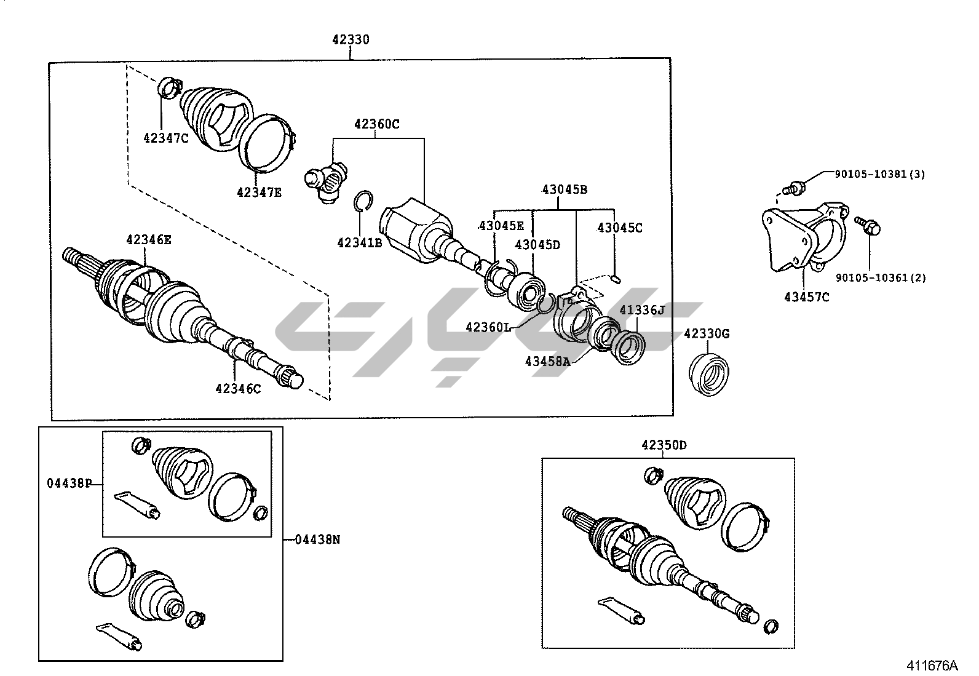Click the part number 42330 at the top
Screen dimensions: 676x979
tap(351, 40)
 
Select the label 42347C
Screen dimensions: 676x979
tap(165, 138)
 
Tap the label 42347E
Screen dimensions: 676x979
tap(259, 192)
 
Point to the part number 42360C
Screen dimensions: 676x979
tap(376, 124)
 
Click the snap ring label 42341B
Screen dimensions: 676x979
tap(360, 242)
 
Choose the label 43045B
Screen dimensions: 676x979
tap(564, 189)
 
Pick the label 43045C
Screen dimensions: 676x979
tap(619, 228)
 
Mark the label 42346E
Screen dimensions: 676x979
tap(149, 240)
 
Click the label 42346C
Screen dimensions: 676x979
tap(238, 388)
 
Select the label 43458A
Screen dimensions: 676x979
tap(547, 361)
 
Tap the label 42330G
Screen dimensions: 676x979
tap(707, 333)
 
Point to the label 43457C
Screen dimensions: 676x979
tap(806, 297)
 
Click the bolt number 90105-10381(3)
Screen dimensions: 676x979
tap(879, 174)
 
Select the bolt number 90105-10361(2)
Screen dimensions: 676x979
tap(879, 277)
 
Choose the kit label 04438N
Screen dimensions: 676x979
tap(317, 539)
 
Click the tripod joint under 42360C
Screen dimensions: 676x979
tap(327, 181)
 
